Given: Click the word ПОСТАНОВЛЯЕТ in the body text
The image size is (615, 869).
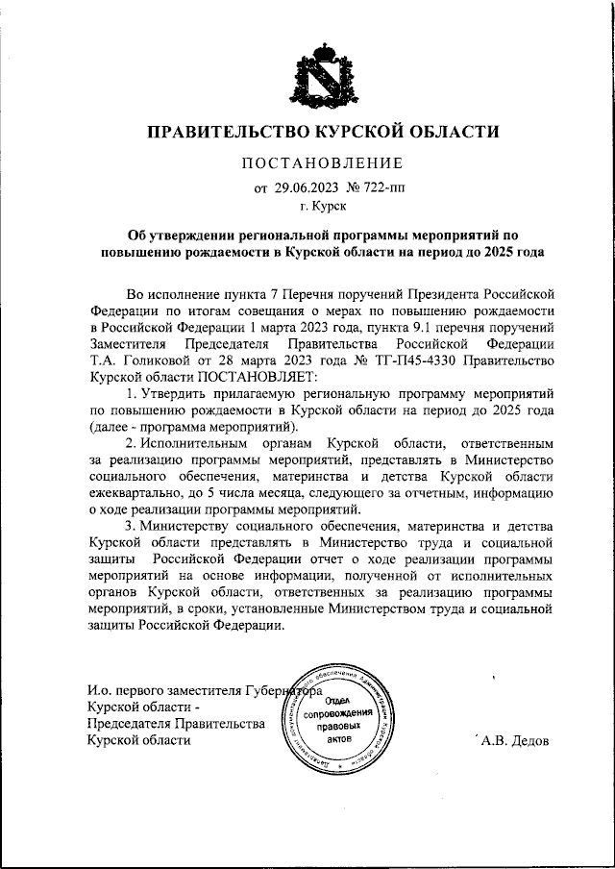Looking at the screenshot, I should [244, 377].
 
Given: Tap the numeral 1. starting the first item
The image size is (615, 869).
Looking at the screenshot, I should [132, 394].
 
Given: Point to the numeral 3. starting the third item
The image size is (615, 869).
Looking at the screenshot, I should [132, 527].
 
